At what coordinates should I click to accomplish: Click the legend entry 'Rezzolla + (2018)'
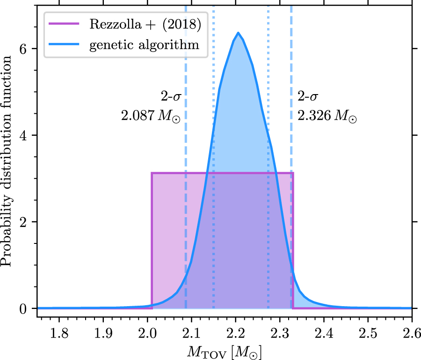(x=145, y=25)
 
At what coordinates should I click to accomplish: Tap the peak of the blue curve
(x=238, y=33)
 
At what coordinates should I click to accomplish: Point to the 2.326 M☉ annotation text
(x=327, y=116)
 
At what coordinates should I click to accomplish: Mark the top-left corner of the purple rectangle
(x=152, y=173)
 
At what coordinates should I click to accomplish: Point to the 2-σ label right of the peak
(x=308, y=97)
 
